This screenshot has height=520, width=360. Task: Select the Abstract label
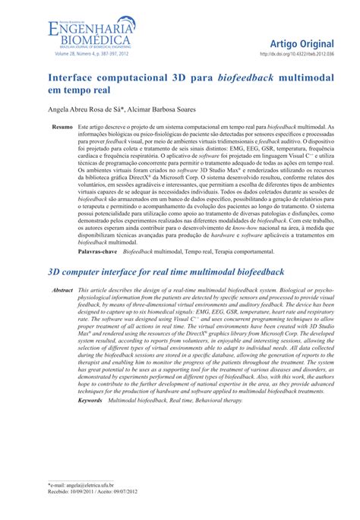pyautogui.click(x=62, y=291)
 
